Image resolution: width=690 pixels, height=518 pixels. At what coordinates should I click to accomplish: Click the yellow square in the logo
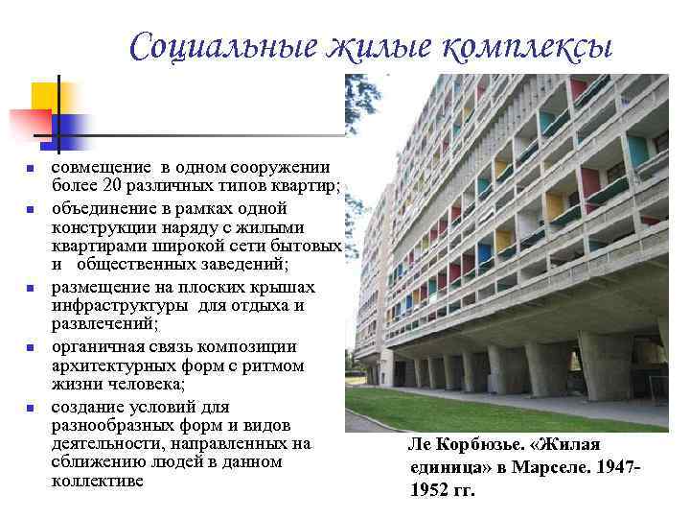(x=48, y=97)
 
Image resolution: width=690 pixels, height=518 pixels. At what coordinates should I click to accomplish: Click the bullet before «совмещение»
(x=30, y=169)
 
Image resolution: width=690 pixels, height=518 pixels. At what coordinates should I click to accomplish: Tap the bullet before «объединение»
(x=30, y=209)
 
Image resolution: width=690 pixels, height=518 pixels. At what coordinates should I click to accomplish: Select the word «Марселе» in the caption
(x=544, y=467)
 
